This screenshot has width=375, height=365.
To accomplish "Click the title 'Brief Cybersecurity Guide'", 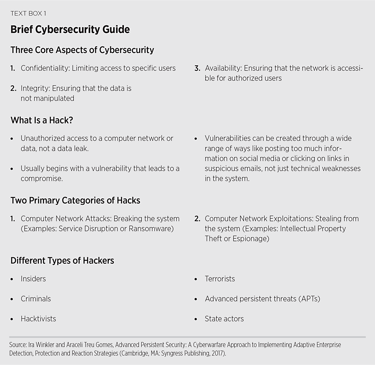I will pos(70,30).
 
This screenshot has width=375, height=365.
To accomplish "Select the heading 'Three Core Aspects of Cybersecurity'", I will pos(82,50).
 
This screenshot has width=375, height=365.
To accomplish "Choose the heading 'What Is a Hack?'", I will pos(42,120).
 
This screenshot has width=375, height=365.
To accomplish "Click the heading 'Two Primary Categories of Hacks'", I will pos(76,201).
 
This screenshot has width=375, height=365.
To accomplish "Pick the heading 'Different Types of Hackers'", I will pos(62,261).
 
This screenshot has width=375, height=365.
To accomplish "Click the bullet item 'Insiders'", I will pos(33,279).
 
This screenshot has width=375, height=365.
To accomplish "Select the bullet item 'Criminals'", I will pos(36,299).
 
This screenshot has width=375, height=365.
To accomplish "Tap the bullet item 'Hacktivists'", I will pos(38,319).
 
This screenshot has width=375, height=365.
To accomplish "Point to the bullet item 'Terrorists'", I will pos(220,279).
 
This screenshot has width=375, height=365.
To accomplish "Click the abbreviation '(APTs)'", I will pos(308,299).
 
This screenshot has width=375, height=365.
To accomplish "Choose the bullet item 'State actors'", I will pos(224,319).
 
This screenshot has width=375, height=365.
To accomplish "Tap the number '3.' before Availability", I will pos(197,68).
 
